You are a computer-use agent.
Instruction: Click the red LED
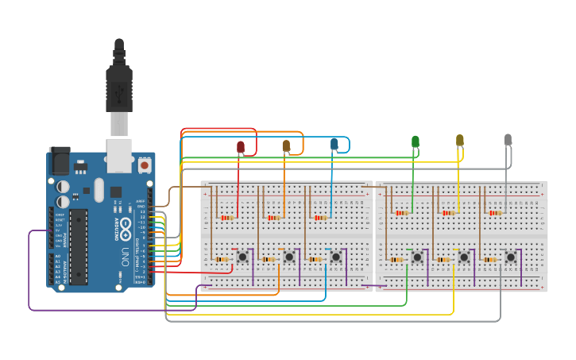coord(241,147)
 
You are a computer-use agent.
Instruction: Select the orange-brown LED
coord(286,145)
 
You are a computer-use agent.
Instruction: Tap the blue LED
coord(334,144)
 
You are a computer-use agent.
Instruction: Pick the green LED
coord(415,141)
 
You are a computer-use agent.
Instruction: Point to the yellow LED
coord(459,140)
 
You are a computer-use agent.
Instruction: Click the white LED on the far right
coord(508,139)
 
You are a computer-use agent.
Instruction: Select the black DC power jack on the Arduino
coord(59,161)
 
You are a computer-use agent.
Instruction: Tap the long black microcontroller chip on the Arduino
coord(78,246)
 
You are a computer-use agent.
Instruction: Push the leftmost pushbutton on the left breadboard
coord(242,257)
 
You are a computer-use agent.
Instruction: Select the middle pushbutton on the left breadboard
coord(289,257)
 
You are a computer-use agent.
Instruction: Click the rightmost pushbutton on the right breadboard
coord(511,257)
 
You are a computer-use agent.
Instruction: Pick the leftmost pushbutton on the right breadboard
coord(417,257)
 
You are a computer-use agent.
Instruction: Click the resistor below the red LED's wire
coord(227,217)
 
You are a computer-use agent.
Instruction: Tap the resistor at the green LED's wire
coord(401,213)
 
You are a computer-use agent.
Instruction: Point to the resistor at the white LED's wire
coord(496,213)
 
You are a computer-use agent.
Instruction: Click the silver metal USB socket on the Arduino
coord(119,154)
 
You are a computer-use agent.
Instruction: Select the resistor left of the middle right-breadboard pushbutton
coord(443,259)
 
